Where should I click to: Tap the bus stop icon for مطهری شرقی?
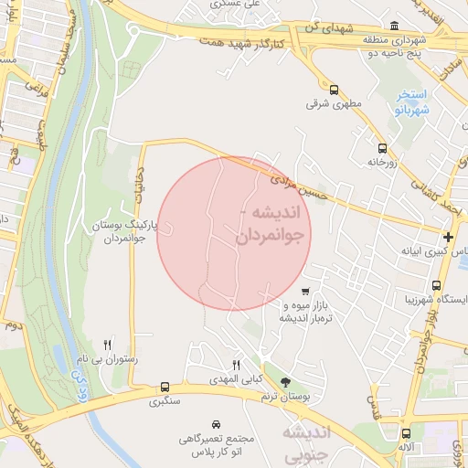pos(334,90)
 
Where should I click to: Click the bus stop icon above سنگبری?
pos(165,387)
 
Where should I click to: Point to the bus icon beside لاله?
pos(406,433)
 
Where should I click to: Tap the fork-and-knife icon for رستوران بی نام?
pos(108,345)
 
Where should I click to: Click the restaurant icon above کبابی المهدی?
pos(237,365)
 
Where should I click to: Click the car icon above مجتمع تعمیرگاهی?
pos(216,425)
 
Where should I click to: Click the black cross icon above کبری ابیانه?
pos(448,237)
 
